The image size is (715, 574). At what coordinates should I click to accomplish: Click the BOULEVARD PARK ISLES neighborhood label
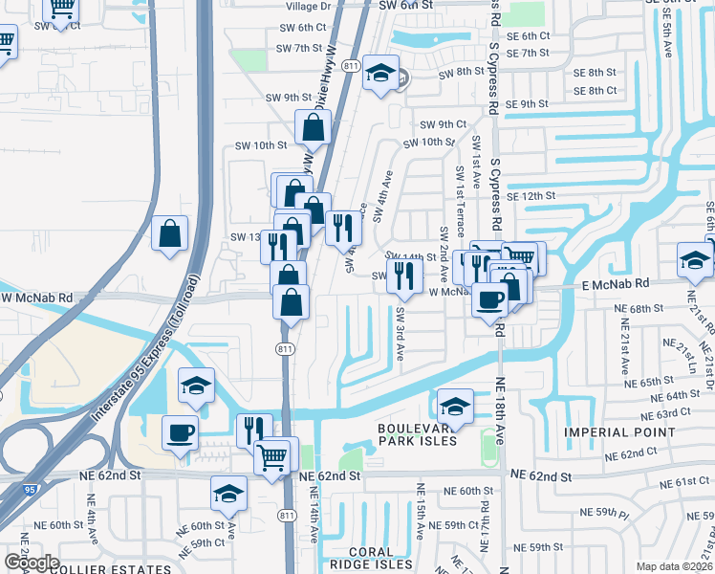pos(418,434)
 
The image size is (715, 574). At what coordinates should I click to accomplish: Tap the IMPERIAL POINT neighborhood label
pos(622,432)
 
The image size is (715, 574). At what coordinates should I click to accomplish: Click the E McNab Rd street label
pos(616,283)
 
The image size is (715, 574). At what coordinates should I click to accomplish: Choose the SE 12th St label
pos(531,195)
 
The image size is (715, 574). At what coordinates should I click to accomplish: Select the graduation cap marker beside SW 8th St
pos(380,73)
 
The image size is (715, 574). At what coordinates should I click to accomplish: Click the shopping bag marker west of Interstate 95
pos(169,233)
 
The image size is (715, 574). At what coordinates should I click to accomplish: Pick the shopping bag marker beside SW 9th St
pos(314,126)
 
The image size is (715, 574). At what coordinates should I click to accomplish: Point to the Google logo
pos(32,563)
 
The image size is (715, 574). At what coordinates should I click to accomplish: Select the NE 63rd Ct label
pos(667,412)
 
